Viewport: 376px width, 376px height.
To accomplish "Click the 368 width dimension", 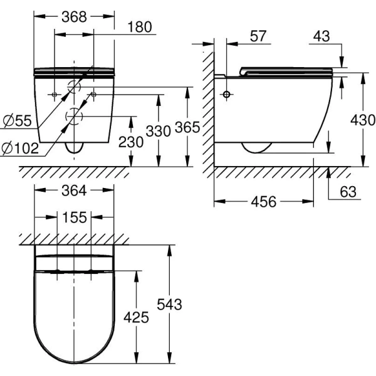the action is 74,17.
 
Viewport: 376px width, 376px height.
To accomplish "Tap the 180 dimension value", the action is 140,26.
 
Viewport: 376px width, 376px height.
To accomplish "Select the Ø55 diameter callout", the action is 18,120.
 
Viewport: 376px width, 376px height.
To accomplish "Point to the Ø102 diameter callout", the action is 20,148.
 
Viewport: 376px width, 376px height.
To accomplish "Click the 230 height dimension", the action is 131,142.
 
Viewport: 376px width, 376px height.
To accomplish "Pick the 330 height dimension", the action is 159,131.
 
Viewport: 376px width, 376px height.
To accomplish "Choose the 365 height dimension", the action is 187,127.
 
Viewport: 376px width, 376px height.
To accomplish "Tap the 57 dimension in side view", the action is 258,36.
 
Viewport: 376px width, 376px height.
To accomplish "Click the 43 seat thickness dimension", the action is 321,36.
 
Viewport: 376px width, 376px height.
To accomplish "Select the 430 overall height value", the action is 363,120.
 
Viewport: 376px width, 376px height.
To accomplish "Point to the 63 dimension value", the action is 348,191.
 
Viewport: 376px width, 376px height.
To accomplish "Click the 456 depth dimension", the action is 264,201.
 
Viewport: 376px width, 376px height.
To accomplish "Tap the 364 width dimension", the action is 74,191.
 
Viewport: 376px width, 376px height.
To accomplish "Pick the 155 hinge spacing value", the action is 75,217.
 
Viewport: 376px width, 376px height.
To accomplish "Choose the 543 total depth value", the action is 170,305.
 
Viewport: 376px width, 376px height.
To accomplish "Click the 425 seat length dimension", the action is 136,317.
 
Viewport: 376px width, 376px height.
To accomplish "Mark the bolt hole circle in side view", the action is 227,94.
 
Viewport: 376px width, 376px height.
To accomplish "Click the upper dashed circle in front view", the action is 74,86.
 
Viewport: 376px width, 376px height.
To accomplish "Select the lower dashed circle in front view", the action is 74,117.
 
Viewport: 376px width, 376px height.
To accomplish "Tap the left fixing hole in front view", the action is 55,95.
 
